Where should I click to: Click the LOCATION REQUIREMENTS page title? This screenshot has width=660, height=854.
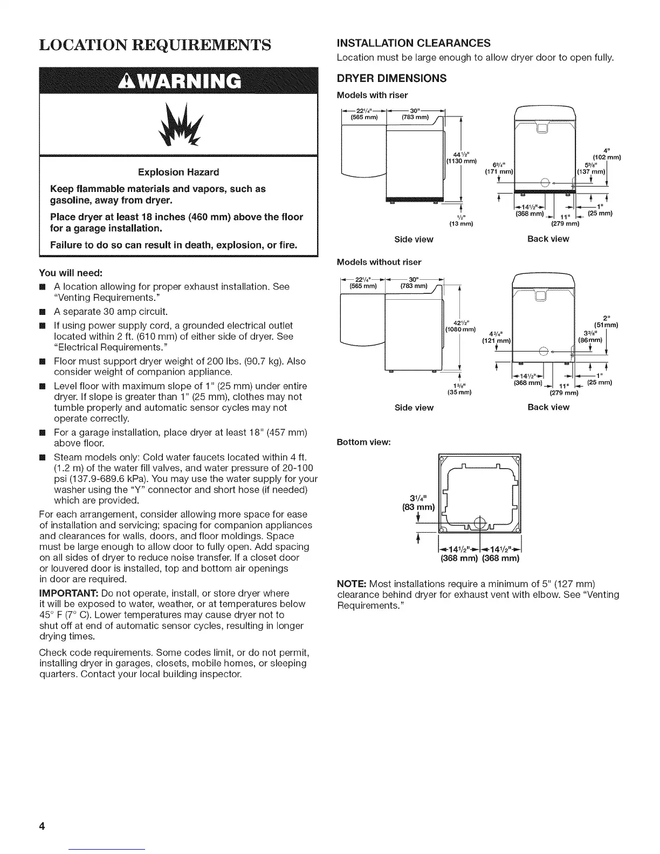coord(155,45)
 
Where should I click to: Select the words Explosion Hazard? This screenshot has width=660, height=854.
coord(178,172)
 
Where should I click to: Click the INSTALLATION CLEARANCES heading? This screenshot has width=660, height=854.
coord(414,43)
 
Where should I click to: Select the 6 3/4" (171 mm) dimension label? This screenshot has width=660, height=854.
coord(499,168)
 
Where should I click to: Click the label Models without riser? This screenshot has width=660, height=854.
coord(379,262)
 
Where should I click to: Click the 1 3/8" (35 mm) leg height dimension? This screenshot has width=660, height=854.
coord(460,388)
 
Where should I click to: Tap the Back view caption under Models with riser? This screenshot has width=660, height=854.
coord(548,239)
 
